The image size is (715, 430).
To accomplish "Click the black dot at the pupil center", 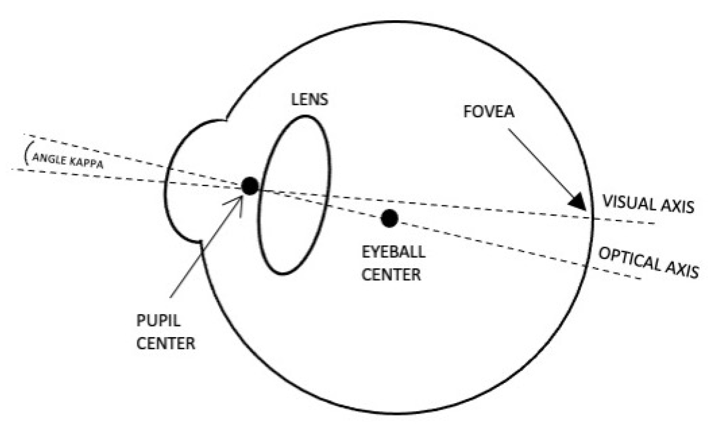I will pos(250,186).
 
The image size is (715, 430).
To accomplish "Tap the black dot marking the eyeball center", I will pos(389,218).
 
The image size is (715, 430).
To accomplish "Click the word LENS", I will pos(309,99).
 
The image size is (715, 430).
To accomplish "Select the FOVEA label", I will pos(489,112).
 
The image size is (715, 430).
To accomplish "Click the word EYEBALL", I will pos(393,252).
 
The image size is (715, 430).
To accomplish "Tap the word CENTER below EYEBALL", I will pos(391,274).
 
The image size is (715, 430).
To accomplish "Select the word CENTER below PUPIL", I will pos(166,343).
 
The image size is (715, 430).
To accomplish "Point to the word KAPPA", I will pos(86,163).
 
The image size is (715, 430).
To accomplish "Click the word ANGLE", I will pos(49,159).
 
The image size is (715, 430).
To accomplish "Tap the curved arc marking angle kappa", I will pos(26,153).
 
